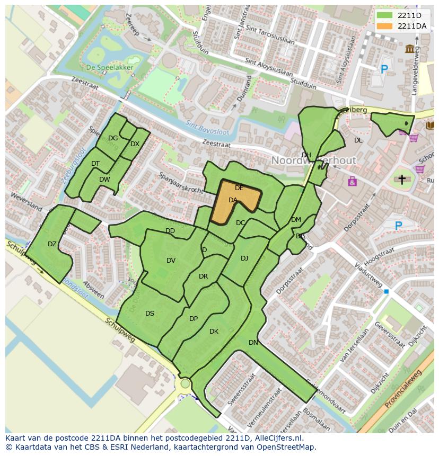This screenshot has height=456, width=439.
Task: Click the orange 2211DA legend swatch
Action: point(385,26)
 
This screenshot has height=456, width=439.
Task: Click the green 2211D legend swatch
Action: point(385,15)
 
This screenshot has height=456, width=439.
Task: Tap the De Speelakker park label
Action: point(110,67)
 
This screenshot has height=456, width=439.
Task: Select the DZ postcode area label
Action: point(52,244)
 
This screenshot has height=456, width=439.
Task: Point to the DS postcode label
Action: point(150,314)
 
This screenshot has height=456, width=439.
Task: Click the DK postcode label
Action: point(214,332)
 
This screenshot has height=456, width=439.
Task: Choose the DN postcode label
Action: point(253,343)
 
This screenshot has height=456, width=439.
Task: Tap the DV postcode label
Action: point(171,260)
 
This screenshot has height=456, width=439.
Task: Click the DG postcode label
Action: point(113,138)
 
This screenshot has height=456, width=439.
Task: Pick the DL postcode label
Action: point(358,140)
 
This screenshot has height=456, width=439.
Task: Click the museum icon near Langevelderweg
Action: point(410,49)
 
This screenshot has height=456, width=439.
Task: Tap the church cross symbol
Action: point(401,180)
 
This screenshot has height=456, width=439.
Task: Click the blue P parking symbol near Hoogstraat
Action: point(398,226)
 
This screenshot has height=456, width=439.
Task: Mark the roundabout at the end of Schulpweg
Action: point(185,383)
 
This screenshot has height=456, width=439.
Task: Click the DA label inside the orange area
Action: point(233,200)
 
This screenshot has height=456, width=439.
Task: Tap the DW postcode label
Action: point(104,180)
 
